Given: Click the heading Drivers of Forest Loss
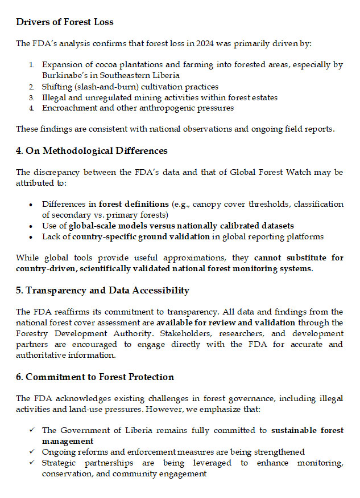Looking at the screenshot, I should pos(65,22).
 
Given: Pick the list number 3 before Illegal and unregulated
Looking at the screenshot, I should pos(32,97).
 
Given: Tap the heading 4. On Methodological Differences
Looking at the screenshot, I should pos(92,151).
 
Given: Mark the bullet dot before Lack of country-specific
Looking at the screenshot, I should pos(31,236).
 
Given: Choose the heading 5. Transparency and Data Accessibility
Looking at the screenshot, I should pos(102,291).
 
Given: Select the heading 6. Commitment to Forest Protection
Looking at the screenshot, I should pos(95,377).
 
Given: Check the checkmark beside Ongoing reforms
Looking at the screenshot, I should pos(32,452).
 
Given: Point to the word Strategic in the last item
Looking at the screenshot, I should pos(61,463).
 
